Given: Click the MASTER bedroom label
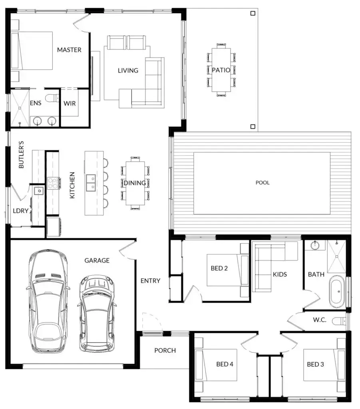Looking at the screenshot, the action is pyautogui.click(x=69, y=50).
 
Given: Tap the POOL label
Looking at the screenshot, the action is pyautogui.click(x=263, y=183).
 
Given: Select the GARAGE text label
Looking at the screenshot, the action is pyautogui.click(x=97, y=260).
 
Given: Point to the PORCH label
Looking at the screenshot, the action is pyautogui.click(x=165, y=350).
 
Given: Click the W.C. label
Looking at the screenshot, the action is pyautogui.click(x=320, y=320).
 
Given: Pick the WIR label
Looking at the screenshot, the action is pyautogui.click(x=70, y=103).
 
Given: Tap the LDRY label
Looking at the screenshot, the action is pyautogui.click(x=21, y=210).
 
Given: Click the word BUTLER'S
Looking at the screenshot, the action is pyautogui.click(x=21, y=155).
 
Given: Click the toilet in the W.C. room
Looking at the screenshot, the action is pyautogui.click(x=339, y=321).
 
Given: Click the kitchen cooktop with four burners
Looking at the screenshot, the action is pyautogui.click(x=53, y=183).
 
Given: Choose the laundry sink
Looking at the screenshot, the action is pyautogui.click(x=39, y=191).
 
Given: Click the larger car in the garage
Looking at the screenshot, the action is pyautogui.click(x=48, y=302).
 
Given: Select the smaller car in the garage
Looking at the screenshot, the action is pyautogui.click(x=97, y=314).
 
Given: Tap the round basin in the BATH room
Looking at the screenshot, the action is pyautogui.click(x=315, y=245).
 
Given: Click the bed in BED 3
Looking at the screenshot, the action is pyautogui.click(x=324, y=365).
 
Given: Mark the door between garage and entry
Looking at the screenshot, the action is pyautogui.click(x=127, y=250).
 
